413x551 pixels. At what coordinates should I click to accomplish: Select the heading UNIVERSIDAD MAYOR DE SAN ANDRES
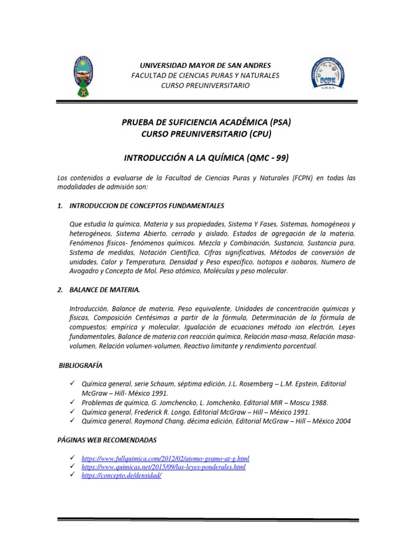(x=205, y=65)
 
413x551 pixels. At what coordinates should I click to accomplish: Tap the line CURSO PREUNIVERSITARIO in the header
(x=205, y=86)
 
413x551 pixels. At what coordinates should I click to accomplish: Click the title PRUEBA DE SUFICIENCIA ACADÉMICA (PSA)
(x=206, y=122)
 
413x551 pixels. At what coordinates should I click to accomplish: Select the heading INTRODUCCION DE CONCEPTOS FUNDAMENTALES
(x=147, y=206)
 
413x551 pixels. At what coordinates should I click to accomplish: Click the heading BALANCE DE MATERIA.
(x=104, y=289)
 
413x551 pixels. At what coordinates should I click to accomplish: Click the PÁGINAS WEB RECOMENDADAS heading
(x=106, y=440)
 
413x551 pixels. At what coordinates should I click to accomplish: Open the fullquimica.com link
(x=165, y=458)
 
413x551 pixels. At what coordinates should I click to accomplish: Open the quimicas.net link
(x=163, y=467)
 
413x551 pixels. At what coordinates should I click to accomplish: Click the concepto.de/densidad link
(x=121, y=476)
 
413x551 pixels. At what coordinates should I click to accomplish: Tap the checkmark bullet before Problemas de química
(x=73, y=402)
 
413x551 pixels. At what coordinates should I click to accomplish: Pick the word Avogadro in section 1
(x=86, y=271)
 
